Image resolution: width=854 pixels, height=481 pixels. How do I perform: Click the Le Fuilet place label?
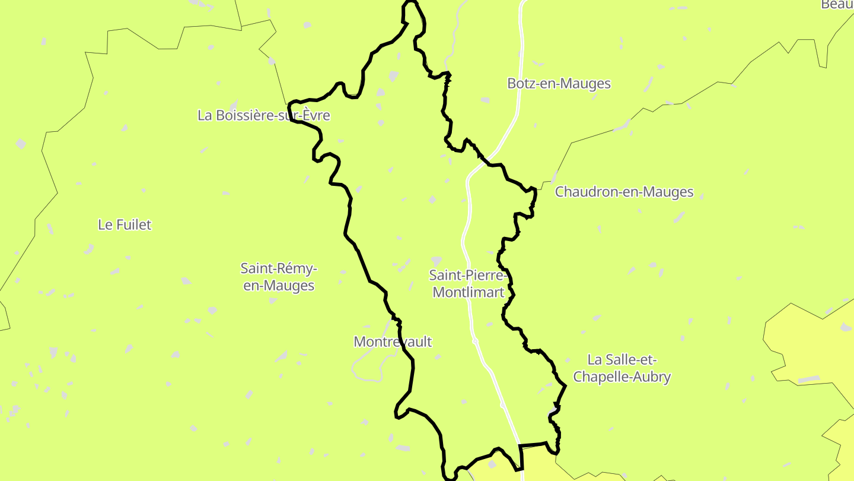tap(125, 224)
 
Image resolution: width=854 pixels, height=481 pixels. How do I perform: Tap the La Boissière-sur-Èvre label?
tap(263, 115)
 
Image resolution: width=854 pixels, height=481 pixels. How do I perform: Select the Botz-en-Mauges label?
tap(559, 84)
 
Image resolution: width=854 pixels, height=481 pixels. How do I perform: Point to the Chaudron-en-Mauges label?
tap(624, 192)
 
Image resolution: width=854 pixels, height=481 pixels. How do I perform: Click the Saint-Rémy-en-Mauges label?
tap(279, 277)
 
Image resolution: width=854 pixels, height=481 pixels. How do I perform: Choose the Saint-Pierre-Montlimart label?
tap(468, 284)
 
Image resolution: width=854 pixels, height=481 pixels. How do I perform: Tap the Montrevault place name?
tap(393, 341)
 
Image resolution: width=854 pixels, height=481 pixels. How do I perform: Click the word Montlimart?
tap(468, 292)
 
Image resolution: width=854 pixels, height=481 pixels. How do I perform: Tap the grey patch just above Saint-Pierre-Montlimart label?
tap(436, 261)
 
